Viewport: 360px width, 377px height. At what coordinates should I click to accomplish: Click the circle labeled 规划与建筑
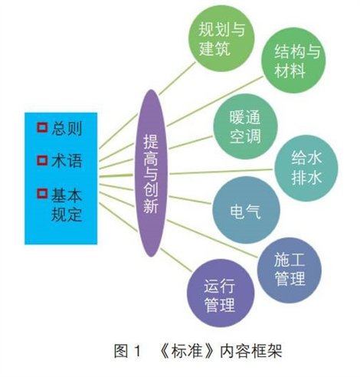(x=221, y=38)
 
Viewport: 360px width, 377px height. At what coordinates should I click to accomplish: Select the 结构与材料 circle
(x=293, y=61)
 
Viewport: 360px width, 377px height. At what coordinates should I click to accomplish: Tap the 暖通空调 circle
(x=245, y=126)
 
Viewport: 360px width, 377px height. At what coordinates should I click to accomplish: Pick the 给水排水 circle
(x=306, y=168)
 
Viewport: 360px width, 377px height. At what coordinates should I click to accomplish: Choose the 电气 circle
(x=246, y=210)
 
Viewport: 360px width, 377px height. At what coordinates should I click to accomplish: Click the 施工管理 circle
(x=289, y=270)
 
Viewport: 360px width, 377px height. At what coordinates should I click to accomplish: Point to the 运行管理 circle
(x=221, y=293)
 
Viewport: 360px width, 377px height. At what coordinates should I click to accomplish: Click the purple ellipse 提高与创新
(x=151, y=173)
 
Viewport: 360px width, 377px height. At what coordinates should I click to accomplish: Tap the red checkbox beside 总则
(x=42, y=127)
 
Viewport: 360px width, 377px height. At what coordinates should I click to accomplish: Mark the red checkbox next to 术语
(x=42, y=161)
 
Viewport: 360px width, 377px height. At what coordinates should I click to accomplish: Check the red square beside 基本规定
(x=42, y=194)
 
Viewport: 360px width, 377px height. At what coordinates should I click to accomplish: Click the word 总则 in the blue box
(x=67, y=129)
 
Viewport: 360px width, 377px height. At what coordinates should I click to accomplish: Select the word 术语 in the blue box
(x=67, y=161)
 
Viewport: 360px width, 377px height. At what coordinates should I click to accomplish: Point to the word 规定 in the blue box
(x=67, y=215)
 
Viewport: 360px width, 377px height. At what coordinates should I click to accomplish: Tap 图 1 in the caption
(x=127, y=351)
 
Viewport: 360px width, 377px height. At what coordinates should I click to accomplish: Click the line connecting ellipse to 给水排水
(x=221, y=172)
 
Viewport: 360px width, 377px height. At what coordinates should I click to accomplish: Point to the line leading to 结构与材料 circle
(x=215, y=101)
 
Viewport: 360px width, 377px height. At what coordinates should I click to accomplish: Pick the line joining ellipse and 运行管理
(x=176, y=259)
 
